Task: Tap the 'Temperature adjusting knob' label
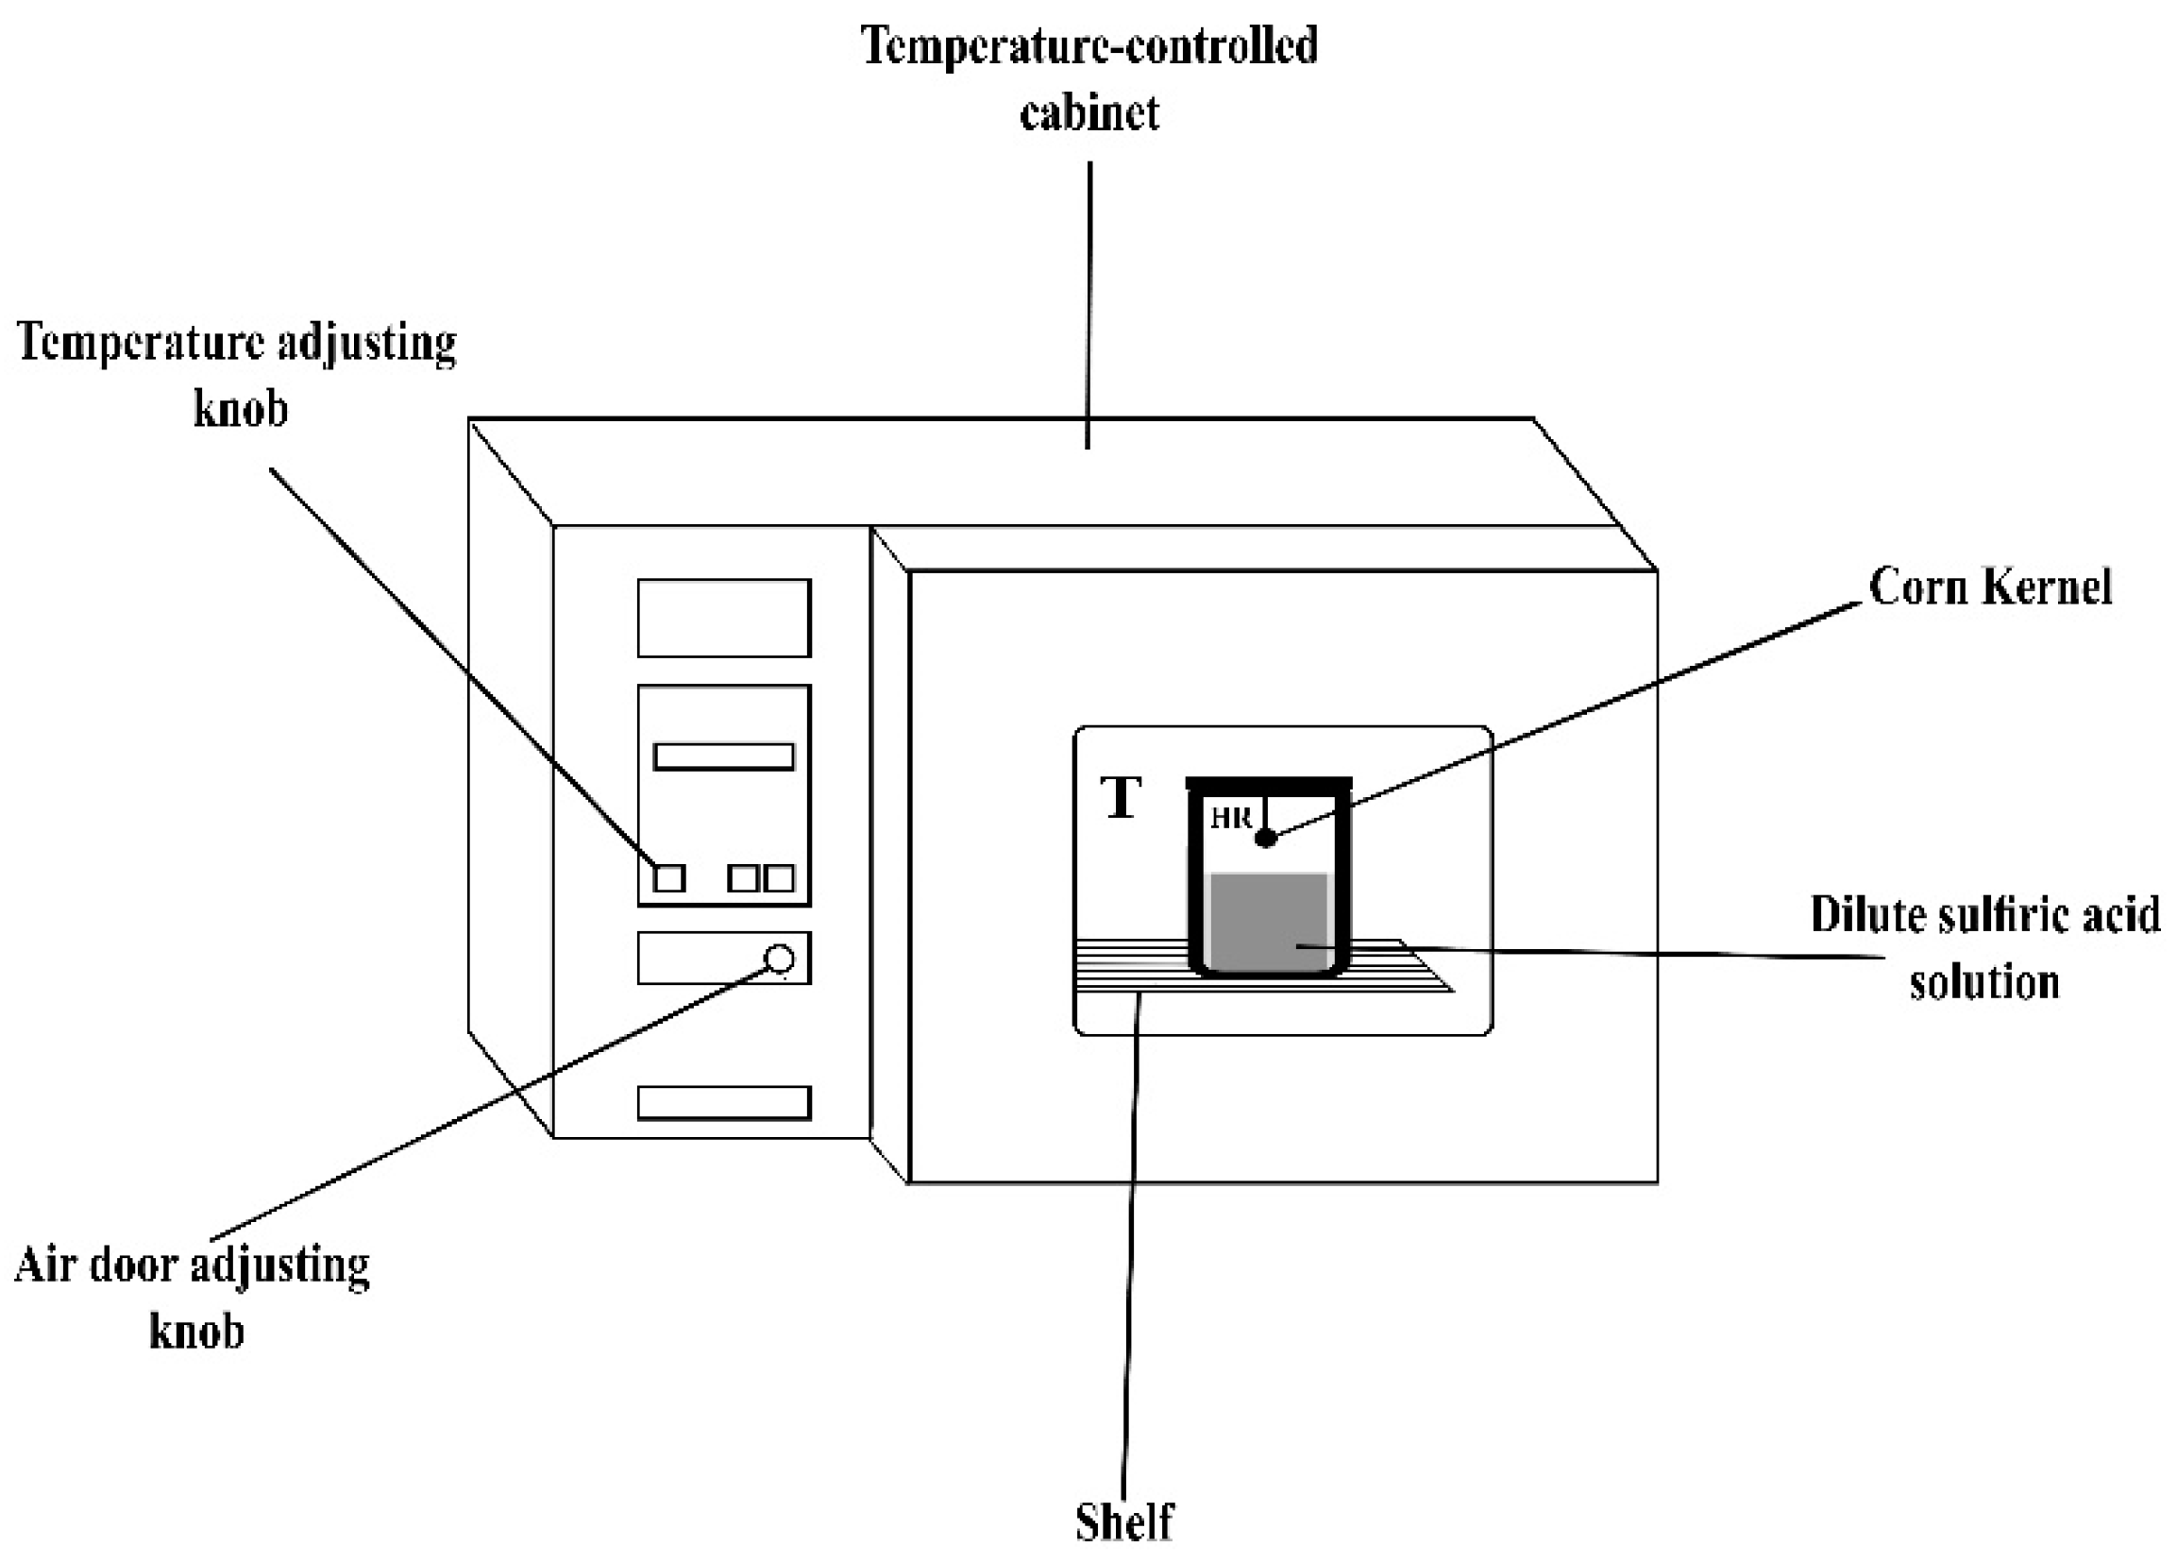(237, 375)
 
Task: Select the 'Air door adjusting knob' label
(193, 1297)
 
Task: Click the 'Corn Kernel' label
(1990, 586)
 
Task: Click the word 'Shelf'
(1124, 1521)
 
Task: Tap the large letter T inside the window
(1122, 798)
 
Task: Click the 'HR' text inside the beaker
(1230, 818)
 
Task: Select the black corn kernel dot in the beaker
(1266, 838)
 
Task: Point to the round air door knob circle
(780, 959)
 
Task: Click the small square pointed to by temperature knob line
(669, 877)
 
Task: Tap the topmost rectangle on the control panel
(724, 619)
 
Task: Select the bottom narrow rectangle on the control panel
(724, 1103)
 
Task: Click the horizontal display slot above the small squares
(724, 756)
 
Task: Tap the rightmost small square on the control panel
(780, 877)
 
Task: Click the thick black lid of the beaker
(1268, 784)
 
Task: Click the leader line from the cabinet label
(1088, 307)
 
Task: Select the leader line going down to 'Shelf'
(1130, 1249)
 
